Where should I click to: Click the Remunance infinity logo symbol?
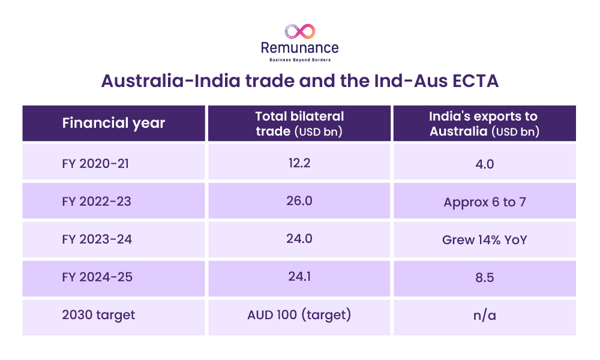[300, 31]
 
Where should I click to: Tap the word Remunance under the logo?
[299, 48]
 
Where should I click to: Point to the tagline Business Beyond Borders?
[300, 59]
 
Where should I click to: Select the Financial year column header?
[113, 123]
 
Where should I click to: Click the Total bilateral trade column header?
[299, 124]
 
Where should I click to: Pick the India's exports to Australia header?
[484, 124]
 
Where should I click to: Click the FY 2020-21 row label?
[95, 164]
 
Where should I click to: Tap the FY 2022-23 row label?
[97, 201]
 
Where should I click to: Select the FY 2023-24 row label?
[97, 239]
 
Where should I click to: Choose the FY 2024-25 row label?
[97, 277]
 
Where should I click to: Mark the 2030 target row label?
[98, 315]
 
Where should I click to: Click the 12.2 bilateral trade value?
[299, 163]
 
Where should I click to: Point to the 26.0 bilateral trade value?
[299, 200]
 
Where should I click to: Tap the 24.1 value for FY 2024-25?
[299, 276]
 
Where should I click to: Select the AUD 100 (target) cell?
[299, 314]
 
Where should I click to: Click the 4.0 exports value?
[484, 164]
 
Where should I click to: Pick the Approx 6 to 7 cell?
[484, 202]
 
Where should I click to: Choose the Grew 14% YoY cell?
[484, 240]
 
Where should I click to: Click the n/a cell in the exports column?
[484, 316]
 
